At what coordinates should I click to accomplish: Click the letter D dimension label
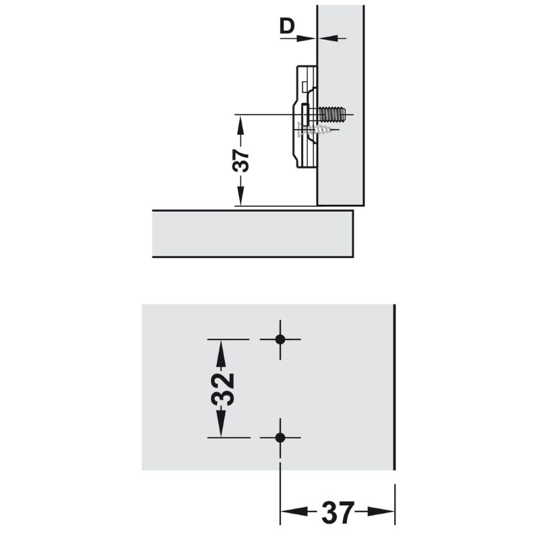coord(287,26)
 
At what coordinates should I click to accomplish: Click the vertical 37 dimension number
coord(241,160)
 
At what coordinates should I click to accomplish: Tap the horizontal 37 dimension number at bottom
coord(338,512)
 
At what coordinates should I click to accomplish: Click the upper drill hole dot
coord(280,340)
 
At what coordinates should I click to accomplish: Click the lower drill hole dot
coord(280,437)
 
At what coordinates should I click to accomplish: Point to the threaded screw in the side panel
coord(331,114)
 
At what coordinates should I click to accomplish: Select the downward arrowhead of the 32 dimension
coord(221,422)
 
